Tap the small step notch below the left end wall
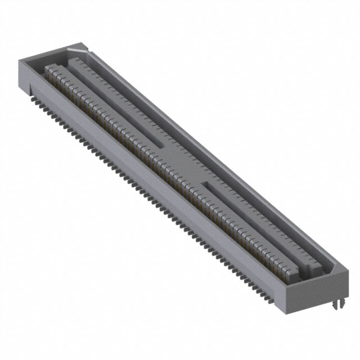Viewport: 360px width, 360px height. (x=25, y=88)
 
